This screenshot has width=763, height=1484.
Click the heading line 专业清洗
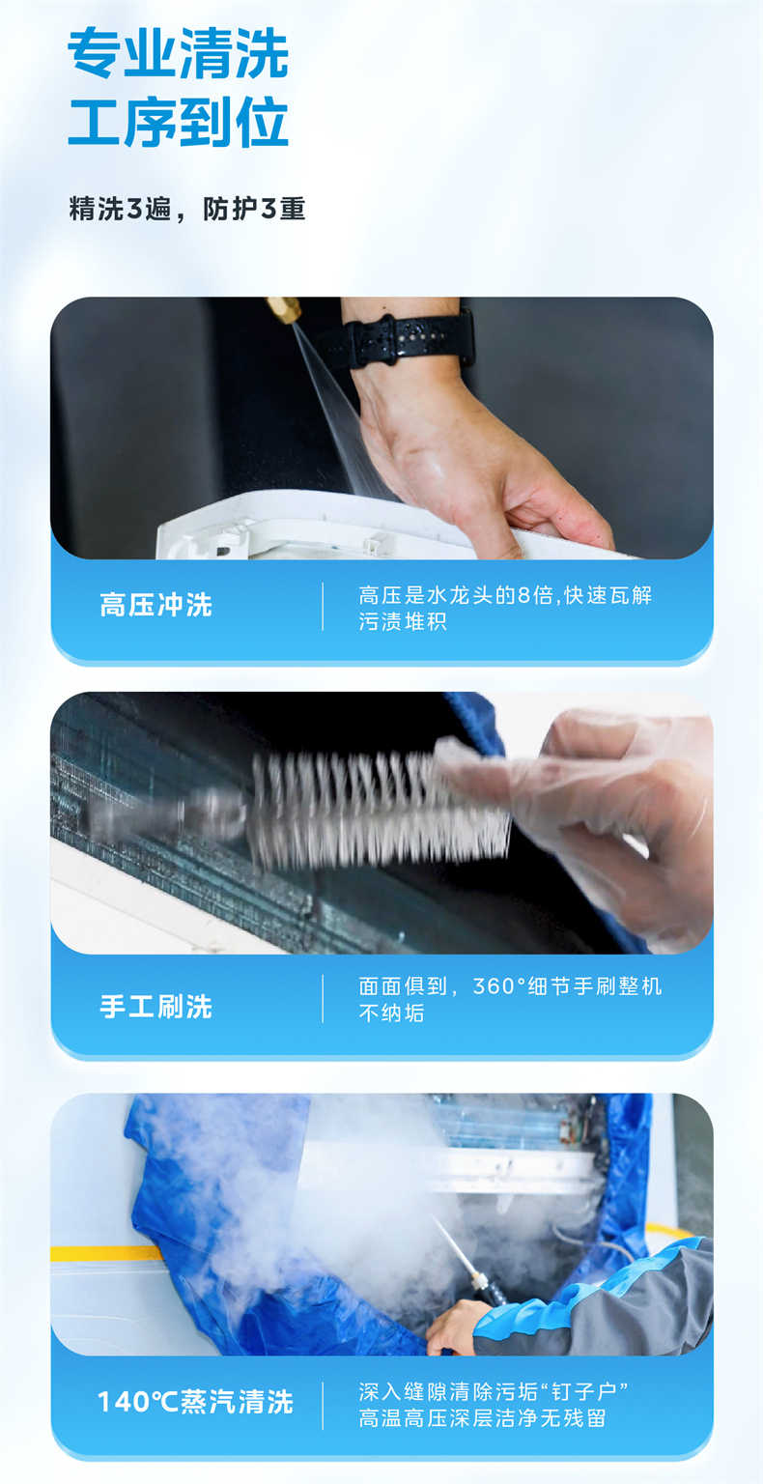point(179,54)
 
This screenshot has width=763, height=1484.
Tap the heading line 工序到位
point(179,122)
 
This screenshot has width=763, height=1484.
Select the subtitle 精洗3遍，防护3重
point(187,209)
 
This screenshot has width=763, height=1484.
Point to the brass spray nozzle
point(285,310)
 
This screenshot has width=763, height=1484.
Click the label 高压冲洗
point(155,606)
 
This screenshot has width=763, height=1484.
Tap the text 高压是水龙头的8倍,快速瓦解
point(505,595)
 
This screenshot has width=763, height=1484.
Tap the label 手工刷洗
point(155,1007)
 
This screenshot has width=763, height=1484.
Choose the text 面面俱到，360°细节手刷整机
point(510,986)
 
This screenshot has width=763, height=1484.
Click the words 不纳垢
point(391,1013)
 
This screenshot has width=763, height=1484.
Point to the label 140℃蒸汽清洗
point(195,1402)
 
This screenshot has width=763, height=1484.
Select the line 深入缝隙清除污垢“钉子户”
point(494,1392)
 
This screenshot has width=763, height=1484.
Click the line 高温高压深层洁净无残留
point(482,1418)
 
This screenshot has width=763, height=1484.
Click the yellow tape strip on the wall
point(106,1253)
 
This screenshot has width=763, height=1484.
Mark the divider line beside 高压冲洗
point(323,607)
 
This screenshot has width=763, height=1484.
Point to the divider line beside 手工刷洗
point(323,999)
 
